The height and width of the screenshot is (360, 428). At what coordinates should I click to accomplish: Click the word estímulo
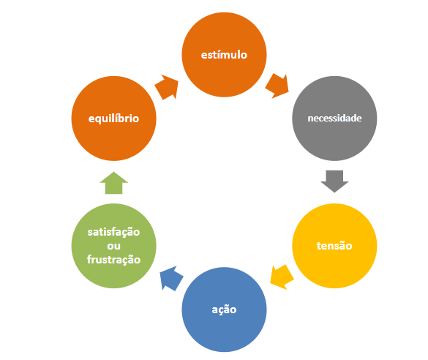[x=224, y=55]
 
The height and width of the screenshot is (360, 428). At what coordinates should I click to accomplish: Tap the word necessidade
[x=334, y=119]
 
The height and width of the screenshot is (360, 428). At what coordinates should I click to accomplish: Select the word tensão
[x=334, y=246]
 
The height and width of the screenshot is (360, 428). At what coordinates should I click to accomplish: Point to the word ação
[x=224, y=310]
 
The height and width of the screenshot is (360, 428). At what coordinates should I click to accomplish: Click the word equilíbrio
[x=114, y=119]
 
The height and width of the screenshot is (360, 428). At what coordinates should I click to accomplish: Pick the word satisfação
[x=114, y=232]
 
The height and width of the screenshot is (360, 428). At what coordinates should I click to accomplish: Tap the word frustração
[x=114, y=259]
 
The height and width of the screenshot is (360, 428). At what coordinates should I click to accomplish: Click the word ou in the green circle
[x=114, y=246]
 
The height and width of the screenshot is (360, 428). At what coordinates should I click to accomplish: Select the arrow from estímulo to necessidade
[x=277, y=86]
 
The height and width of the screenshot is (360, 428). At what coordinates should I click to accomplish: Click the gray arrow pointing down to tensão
[x=334, y=181]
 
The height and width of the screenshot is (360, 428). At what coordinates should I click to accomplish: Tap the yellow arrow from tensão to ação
[x=282, y=277]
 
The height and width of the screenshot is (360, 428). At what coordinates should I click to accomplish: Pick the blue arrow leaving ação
[x=171, y=278]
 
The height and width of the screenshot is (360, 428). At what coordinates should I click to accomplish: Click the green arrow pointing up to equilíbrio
[x=114, y=183]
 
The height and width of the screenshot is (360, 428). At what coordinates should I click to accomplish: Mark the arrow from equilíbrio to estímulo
[x=167, y=87]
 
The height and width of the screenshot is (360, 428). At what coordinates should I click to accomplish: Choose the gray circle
[x=334, y=119]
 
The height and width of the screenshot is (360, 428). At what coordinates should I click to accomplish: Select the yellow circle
[x=334, y=246]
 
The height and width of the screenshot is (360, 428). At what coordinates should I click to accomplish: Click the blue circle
[x=224, y=310]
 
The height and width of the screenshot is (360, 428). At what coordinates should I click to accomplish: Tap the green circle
[x=114, y=246]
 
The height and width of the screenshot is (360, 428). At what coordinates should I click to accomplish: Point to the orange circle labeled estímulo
[x=224, y=55]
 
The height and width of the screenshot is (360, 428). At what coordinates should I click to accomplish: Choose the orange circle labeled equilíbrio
[x=114, y=119]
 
